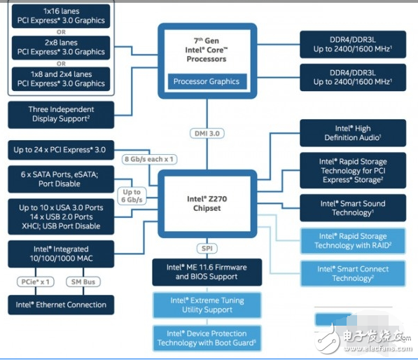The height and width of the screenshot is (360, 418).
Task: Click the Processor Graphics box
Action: click(207, 81)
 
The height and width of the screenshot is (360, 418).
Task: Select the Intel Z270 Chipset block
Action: click(207, 203)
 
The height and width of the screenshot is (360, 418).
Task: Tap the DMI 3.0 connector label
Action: click(207, 133)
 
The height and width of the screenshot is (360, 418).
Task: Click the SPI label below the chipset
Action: click(207, 249)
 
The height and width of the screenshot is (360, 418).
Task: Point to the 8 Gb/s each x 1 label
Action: click(149, 159)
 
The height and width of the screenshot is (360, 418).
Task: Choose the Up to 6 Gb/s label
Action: click(132, 196)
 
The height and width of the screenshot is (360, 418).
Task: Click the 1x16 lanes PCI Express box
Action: click(60, 15)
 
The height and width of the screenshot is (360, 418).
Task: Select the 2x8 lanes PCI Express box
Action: click(60, 47)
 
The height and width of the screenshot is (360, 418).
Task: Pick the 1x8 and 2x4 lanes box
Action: click(60, 78)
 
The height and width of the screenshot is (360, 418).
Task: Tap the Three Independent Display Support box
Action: click(60, 114)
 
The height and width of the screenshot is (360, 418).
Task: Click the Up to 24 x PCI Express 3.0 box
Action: click(60, 150)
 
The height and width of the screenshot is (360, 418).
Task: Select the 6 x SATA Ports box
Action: click(60, 179)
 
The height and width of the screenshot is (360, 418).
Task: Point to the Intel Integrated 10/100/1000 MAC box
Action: click(60, 254)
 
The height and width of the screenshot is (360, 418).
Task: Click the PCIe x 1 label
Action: click(36, 281)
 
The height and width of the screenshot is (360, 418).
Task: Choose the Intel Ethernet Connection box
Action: click(60, 305)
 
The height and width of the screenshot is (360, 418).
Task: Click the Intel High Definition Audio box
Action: click(352, 133)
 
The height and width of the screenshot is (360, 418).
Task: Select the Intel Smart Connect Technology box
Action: click(352, 273)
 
